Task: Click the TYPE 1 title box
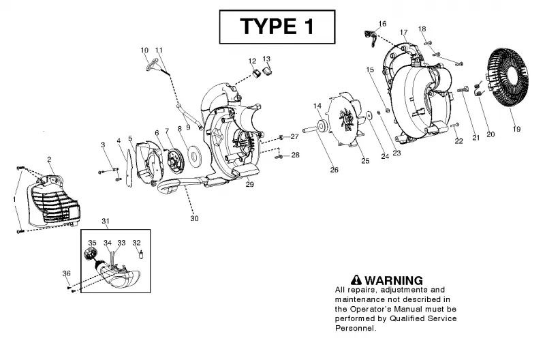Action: coord(277,27)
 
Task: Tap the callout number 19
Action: coord(516,129)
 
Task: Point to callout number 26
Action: coord(334,170)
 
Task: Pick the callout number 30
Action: coord(194,218)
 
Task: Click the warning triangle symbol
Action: coord(356,280)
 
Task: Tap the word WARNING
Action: coord(394,280)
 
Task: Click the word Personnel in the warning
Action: coord(355,328)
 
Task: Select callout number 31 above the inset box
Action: coord(106,221)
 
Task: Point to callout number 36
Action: coord(66,273)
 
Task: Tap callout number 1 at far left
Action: coord(14,200)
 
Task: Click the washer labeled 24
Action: coord(369,115)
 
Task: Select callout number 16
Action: coord(382,24)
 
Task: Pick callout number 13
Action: coord(266,59)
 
